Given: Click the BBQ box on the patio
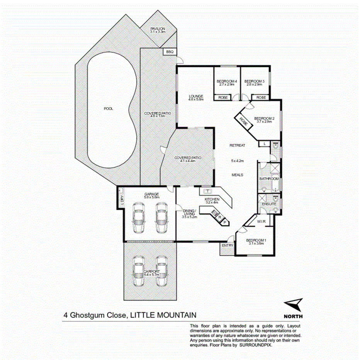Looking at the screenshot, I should (x=169, y=52).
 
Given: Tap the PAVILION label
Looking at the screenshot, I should (x=158, y=29).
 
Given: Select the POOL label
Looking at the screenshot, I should (x=109, y=109).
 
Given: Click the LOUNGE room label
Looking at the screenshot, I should (x=196, y=96).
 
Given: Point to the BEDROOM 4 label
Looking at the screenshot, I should (x=227, y=81).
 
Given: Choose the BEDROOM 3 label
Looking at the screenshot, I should (x=254, y=81).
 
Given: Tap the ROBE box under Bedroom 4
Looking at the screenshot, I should (x=222, y=98).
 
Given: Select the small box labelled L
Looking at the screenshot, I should (x=264, y=144).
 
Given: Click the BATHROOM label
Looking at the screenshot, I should (x=269, y=179).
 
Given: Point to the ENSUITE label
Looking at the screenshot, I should (x=269, y=204).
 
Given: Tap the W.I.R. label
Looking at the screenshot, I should (x=262, y=222).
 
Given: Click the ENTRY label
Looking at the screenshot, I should (x=227, y=245).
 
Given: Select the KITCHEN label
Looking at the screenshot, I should (x=212, y=199).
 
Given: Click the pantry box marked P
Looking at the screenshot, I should (x=225, y=222).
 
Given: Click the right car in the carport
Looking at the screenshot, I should (x=161, y=272).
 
